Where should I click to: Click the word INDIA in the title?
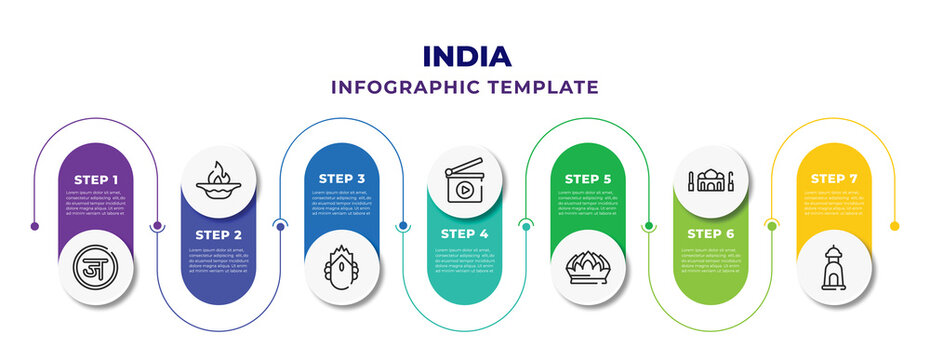click(465, 56)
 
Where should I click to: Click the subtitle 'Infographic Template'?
click(465, 87)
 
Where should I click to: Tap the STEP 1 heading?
click(95, 179)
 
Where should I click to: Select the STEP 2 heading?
click(218, 234)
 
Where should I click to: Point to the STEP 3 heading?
click(342, 179)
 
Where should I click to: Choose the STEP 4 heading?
click(465, 234)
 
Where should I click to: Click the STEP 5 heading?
click(588, 179)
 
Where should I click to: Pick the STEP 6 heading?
click(711, 234)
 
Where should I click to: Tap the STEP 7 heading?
click(835, 179)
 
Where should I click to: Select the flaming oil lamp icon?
click(218, 180)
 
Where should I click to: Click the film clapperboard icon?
click(465, 180)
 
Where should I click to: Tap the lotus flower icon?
click(588, 267)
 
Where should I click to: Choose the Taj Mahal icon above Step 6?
click(711, 180)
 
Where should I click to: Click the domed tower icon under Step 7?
click(835, 267)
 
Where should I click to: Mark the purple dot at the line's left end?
click(35, 226)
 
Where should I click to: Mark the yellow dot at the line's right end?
click(894, 226)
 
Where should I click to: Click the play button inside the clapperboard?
click(465, 187)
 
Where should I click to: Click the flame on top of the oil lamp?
click(218, 169)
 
